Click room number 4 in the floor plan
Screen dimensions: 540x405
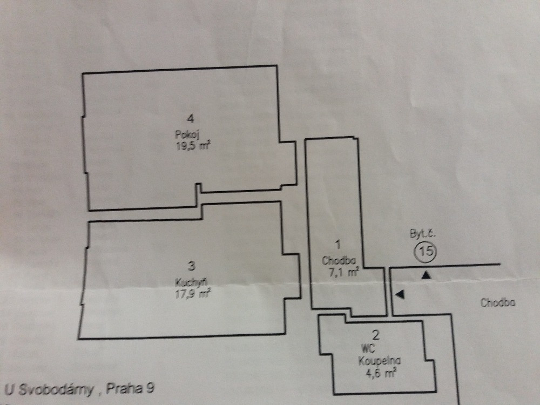click(191, 118)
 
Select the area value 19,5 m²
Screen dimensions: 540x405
click(193, 146)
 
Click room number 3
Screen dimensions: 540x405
click(192, 266)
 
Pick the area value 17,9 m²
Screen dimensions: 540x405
click(193, 294)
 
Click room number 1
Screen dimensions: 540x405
click(338, 245)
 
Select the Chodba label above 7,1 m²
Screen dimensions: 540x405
click(339, 261)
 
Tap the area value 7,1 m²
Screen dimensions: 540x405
click(344, 272)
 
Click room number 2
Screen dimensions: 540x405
click(376, 334)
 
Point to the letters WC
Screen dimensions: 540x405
click(368, 349)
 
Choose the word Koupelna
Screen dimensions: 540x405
click(379, 361)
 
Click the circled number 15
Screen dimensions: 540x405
click(426, 251)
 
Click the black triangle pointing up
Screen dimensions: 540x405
click(427, 275)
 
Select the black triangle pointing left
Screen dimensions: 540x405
click(400, 294)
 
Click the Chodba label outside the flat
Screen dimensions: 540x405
click(498, 303)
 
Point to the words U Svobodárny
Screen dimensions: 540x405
click(49, 389)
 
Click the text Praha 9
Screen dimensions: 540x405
click(130, 388)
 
